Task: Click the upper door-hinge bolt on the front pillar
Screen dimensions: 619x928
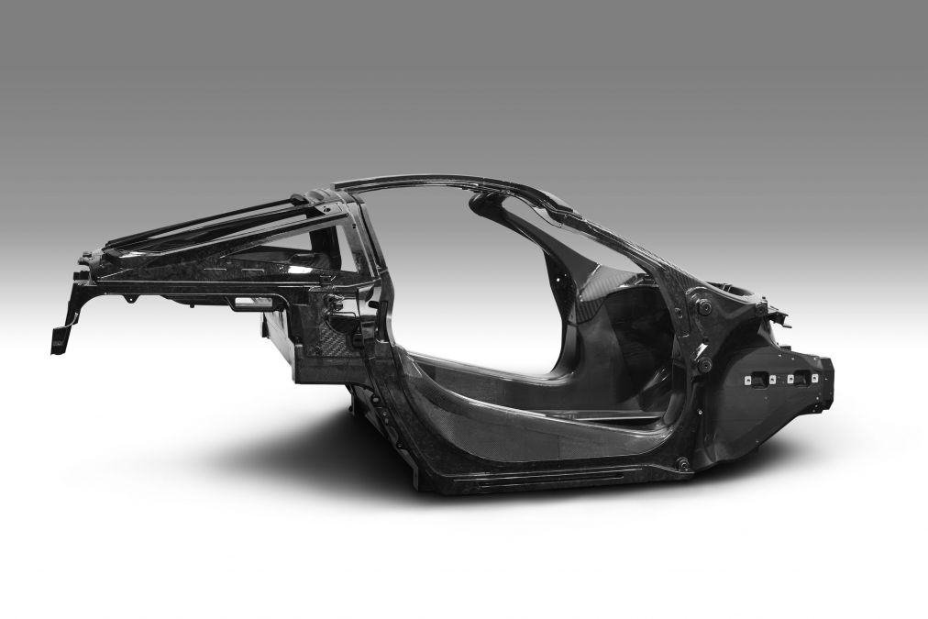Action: point(704,308)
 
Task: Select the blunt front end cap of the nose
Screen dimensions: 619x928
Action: point(825,376)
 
